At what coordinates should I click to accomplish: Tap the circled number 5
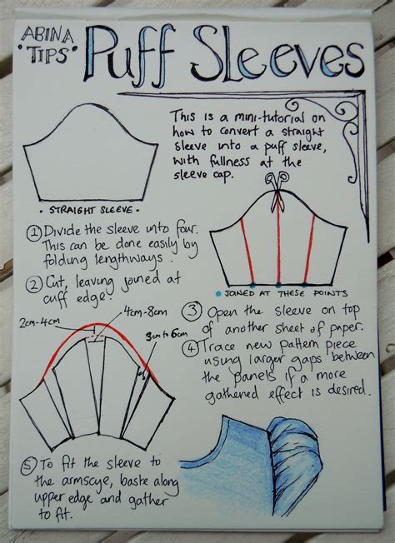point(32,464)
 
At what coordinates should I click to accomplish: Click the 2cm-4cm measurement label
point(42,321)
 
